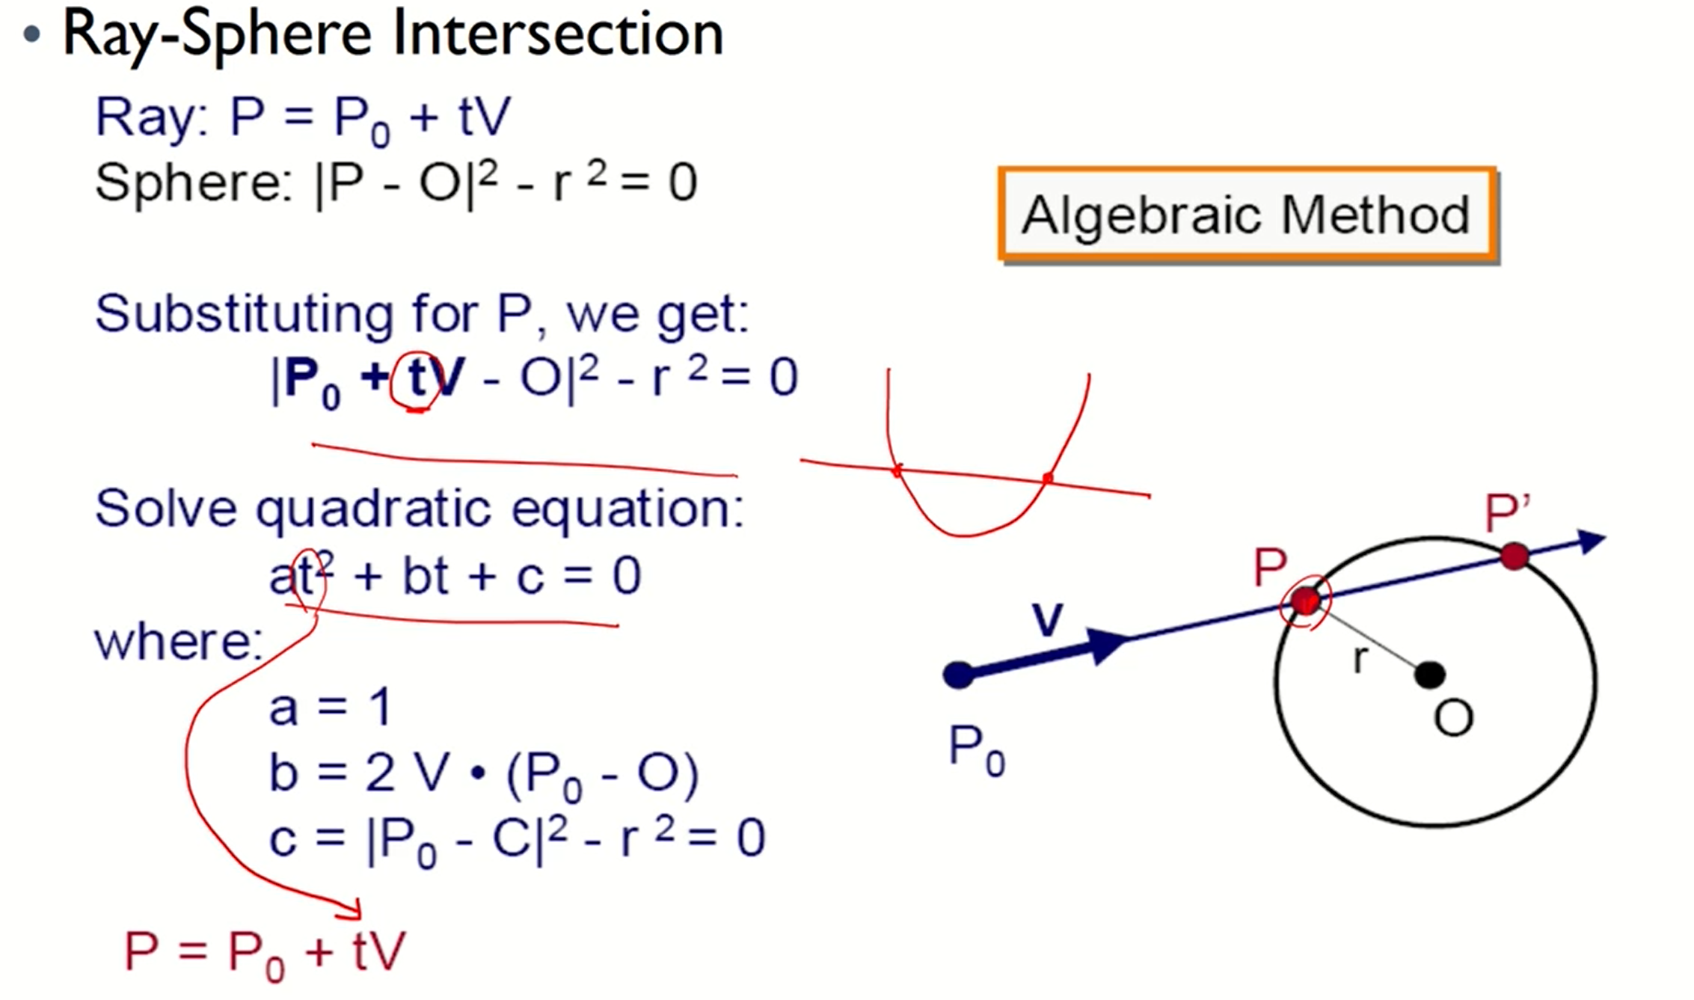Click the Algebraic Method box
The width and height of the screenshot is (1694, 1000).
pyautogui.click(x=1247, y=215)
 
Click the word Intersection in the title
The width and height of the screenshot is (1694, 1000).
pyautogui.click(x=557, y=34)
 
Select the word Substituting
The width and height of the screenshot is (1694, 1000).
pyautogui.click(x=244, y=314)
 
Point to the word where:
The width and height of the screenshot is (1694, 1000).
pyautogui.click(x=178, y=642)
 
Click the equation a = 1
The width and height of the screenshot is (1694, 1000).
pyautogui.click(x=330, y=707)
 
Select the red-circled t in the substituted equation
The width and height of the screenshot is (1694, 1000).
pyautogui.click(x=417, y=378)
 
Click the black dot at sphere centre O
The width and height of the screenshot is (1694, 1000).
pyautogui.click(x=1429, y=675)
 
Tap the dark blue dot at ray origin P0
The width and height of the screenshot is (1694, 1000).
pyautogui.click(x=959, y=675)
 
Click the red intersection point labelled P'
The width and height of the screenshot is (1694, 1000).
pyautogui.click(x=1515, y=556)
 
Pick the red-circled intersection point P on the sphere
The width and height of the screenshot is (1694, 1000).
pyautogui.click(x=1305, y=601)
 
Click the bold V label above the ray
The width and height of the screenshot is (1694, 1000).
pyautogui.click(x=1047, y=620)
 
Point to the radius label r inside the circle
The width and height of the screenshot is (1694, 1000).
pyautogui.click(x=1361, y=659)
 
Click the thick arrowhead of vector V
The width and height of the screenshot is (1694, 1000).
pyautogui.click(x=1107, y=645)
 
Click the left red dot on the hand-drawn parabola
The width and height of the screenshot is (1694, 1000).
pyautogui.click(x=897, y=470)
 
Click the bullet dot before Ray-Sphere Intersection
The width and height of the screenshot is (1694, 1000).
pyautogui.click(x=31, y=34)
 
